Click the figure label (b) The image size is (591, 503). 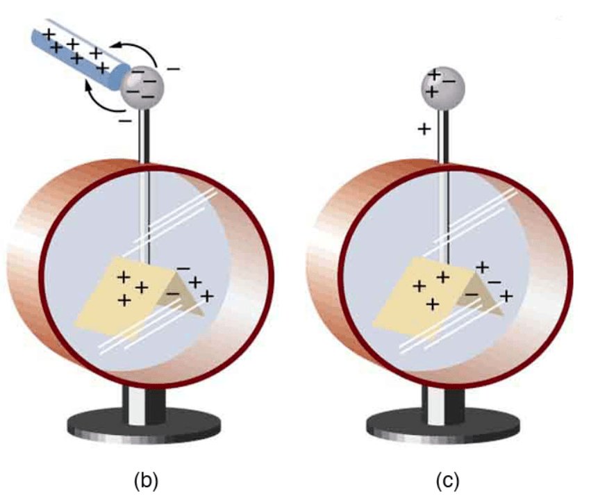click(146, 479)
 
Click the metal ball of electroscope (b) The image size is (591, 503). click(142, 86)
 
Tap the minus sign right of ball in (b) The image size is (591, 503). click(174, 69)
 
